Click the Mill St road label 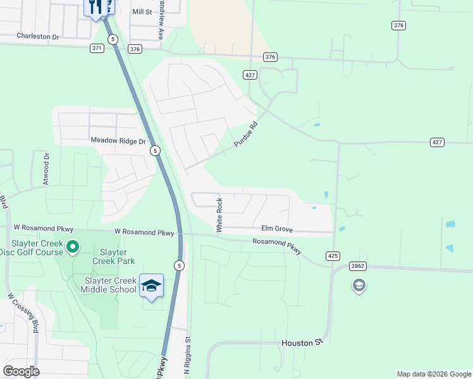142,11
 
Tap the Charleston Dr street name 37,37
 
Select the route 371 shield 97,48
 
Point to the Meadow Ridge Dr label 118,140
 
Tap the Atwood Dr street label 46,168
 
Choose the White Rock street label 219,215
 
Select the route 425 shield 333,256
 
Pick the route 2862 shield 358,267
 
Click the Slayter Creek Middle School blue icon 152,286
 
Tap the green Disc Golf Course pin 73,247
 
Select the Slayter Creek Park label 113,256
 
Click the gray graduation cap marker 359,286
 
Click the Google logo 21,371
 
